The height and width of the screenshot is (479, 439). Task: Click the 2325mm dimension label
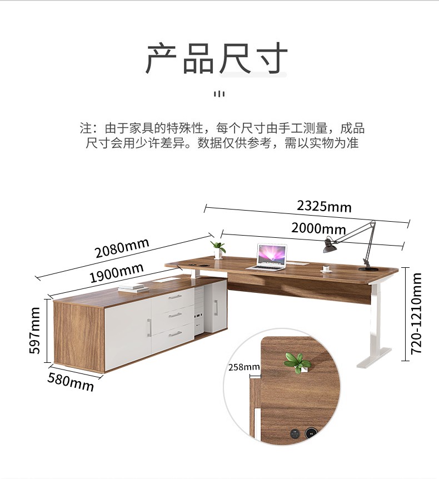(324, 206)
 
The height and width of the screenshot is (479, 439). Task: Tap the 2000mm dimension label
(318, 228)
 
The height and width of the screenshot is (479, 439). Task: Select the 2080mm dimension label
(122, 248)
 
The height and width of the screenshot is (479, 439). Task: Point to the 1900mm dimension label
(116, 272)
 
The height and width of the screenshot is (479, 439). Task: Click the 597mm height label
(34, 331)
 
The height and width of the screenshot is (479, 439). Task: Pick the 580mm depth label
(71, 382)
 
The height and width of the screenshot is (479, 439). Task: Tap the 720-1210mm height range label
(416, 314)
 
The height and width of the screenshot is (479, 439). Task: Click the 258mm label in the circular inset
(244, 367)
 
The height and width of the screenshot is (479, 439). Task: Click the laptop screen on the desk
(272, 254)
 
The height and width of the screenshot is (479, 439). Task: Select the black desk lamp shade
(330, 246)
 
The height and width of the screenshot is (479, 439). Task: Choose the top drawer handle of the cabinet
(175, 297)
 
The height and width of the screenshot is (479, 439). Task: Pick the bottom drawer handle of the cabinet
(176, 334)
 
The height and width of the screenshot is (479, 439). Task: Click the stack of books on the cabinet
(132, 288)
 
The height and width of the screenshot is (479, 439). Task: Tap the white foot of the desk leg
(374, 357)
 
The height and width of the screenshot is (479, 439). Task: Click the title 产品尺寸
(216, 58)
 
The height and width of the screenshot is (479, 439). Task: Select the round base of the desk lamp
(368, 270)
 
